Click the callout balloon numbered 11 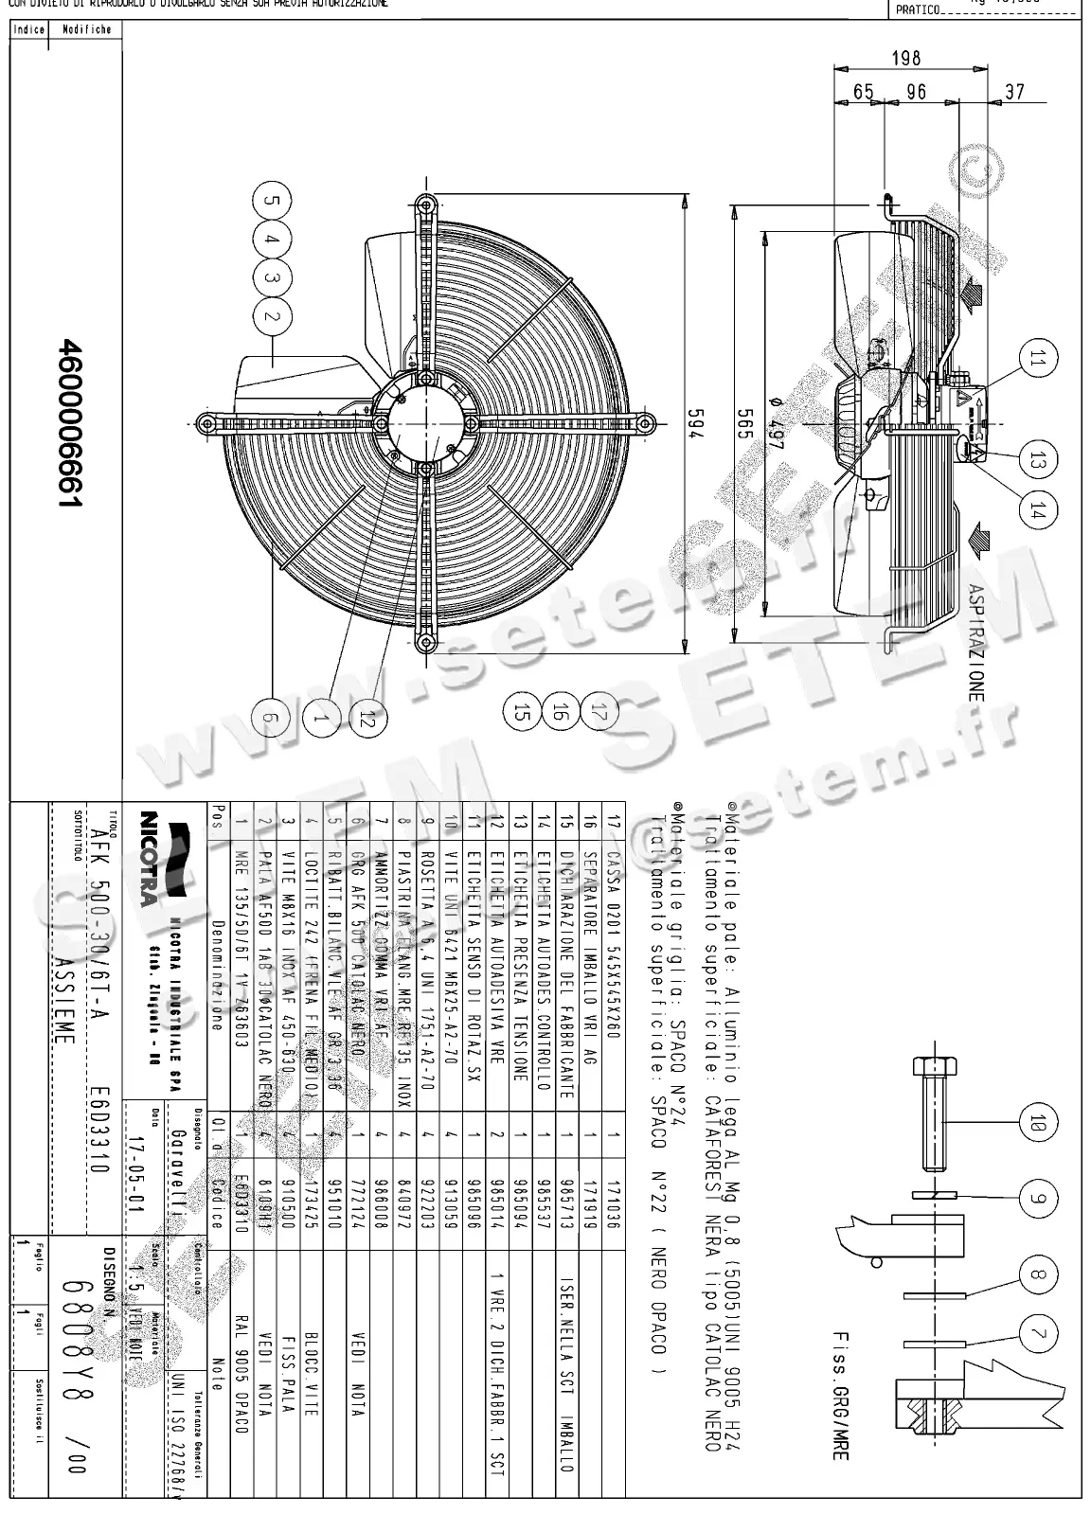(1038, 358)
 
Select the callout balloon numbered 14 (1038, 510)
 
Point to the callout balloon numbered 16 (559, 711)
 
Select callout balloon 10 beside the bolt (1038, 1124)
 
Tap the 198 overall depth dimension (905, 59)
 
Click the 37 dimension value (1013, 92)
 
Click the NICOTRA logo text (148, 856)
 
